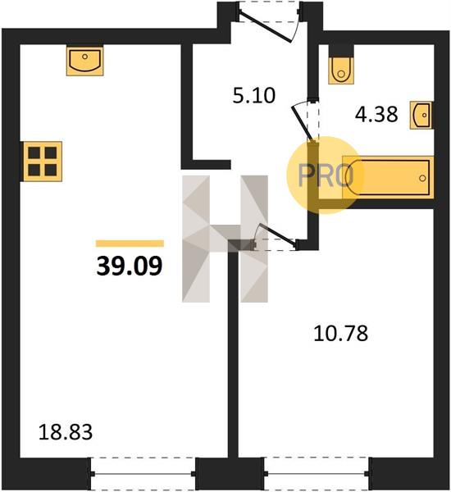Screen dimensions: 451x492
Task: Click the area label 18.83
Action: click(x=66, y=432)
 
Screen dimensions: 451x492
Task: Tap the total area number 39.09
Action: click(x=130, y=266)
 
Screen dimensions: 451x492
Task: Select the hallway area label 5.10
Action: click(x=254, y=95)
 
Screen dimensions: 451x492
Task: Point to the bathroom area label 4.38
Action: click(x=376, y=114)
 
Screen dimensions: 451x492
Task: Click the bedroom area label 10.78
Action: click(x=340, y=333)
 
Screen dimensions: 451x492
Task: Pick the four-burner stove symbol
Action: click(x=43, y=162)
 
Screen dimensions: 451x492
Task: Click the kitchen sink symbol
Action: click(x=84, y=61)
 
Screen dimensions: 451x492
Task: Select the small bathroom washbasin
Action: click(x=421, y=115)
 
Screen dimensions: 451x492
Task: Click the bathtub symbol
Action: click(x=388, y=177)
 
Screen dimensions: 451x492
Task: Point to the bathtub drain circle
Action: click(x=422, y=178)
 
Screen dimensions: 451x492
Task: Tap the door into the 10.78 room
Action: click(x=276, y=237)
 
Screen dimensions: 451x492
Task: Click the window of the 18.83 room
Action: click(x=143, y=474)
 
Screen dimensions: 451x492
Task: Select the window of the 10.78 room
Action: click(x=317, y=474)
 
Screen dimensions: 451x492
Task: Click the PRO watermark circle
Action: click(x=326, y=175)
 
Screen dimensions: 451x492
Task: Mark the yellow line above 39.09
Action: click(x=130, y=244)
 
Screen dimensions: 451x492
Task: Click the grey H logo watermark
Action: click(x=225, y=239)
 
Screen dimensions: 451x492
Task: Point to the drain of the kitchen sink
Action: click(x=84, y=57)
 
